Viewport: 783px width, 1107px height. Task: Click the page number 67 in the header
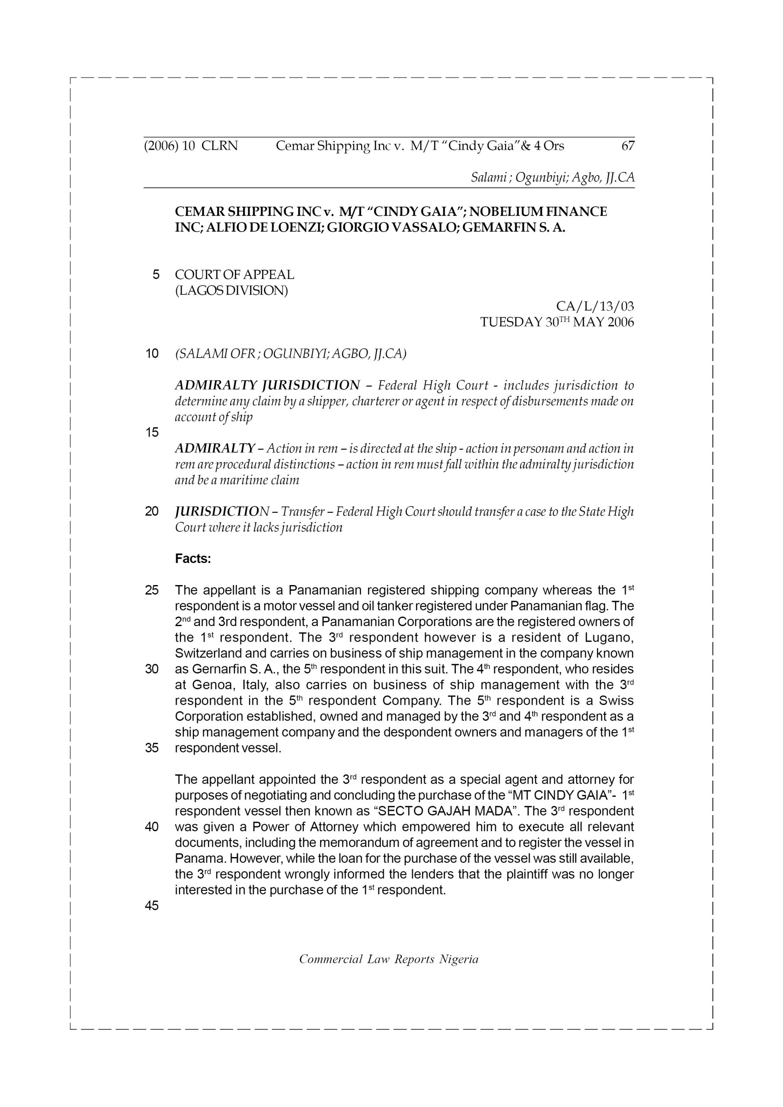[628, 146]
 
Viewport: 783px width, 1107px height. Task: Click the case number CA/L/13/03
[595, 306]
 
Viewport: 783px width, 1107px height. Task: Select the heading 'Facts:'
[193, 559]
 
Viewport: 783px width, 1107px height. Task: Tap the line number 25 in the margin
[151, 590]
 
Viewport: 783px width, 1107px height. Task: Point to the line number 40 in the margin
[151, 827]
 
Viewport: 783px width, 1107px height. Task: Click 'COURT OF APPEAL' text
[234, 275]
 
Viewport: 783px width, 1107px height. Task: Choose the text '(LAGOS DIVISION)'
[231, 291]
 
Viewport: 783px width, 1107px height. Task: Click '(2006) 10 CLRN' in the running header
[191, 146]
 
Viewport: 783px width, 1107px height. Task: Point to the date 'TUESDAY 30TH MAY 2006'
[557, 322]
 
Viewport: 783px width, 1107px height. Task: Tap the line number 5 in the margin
[155, 275]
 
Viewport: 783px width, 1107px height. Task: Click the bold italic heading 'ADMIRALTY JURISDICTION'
[267, 385]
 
